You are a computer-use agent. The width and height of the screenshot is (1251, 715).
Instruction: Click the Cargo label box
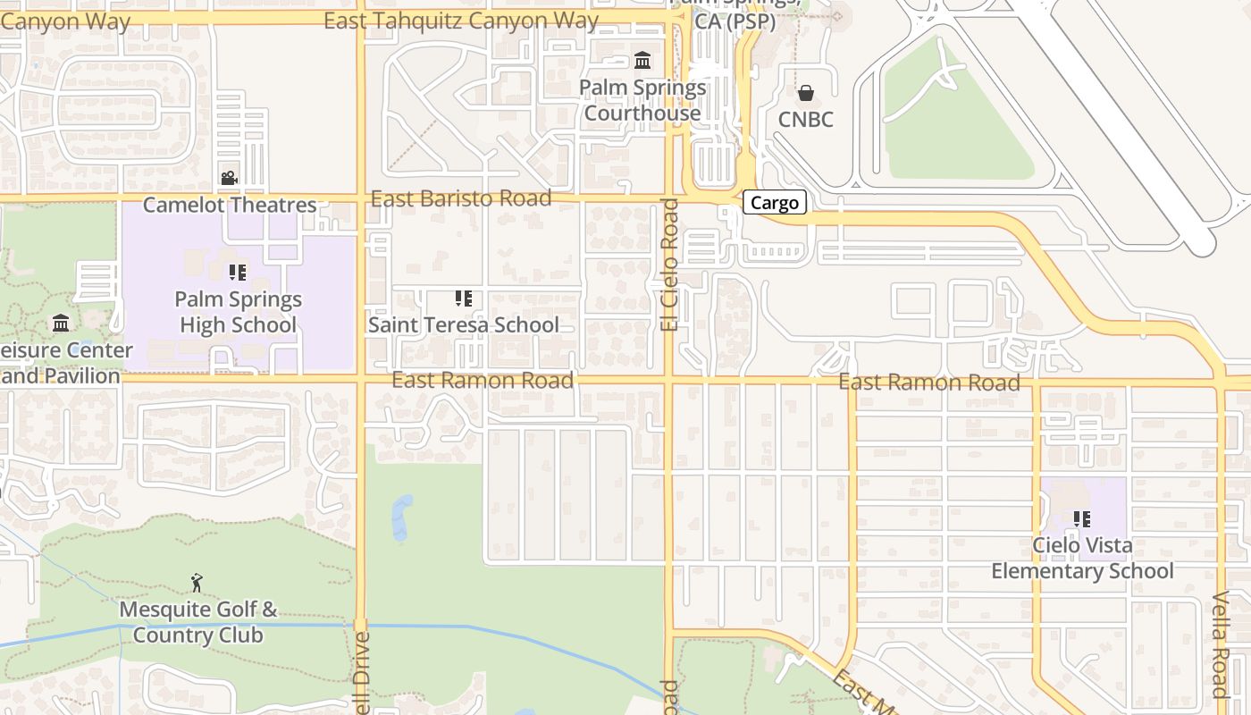[775, 203]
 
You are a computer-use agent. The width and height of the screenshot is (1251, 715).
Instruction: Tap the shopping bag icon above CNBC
[806, 93]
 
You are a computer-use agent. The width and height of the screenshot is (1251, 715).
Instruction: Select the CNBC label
[805, 120]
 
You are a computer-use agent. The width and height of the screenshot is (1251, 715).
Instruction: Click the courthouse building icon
[642, 61]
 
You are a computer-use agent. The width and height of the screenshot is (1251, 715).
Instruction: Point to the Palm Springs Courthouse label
[642, 101]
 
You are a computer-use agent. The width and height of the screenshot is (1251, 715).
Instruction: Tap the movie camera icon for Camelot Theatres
[230, 178]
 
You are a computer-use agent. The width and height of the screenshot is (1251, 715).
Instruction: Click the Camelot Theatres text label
[230, 205]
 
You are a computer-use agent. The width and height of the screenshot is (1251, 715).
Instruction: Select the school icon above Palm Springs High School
[237, 272]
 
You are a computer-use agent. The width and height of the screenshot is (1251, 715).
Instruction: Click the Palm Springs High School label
[238, 312]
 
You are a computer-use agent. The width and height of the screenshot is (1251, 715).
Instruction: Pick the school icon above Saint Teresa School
[463, 298]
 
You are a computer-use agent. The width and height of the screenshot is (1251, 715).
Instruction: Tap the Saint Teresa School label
[463, 324]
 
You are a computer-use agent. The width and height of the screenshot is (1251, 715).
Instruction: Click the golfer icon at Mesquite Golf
[197, 584]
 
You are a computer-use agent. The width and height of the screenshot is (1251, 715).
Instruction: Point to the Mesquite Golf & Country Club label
[197, 623]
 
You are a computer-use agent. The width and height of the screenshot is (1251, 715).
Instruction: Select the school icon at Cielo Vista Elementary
[1082, 518]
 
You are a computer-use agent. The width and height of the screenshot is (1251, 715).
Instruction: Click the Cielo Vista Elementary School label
[1082, 558]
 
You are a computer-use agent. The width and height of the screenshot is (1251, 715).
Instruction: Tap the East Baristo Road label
[461, 198]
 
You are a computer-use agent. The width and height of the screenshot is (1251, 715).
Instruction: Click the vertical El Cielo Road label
[670, 265]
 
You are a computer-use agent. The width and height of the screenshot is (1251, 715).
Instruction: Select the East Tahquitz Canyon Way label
[461, 21]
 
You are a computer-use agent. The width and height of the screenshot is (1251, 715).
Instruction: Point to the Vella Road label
[1221, 643]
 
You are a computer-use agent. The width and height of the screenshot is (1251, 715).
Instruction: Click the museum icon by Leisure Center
[61, 323]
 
